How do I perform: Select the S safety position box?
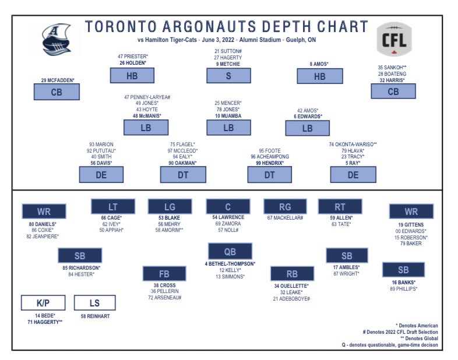click(228, 76)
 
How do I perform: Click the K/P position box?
click(43, 302)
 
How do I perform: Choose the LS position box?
click(95, 302)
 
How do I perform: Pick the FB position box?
click(164, 274)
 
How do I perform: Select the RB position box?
click(291, 274)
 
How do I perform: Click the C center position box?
click(227, 206)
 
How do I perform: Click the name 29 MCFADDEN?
click(58, 79)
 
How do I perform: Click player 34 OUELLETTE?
click(291, 286)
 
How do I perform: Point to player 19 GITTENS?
click(411, 224)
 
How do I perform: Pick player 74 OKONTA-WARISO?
click(353, 144)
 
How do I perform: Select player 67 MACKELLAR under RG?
click(284, 218)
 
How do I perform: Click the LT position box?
click(113, 206)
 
